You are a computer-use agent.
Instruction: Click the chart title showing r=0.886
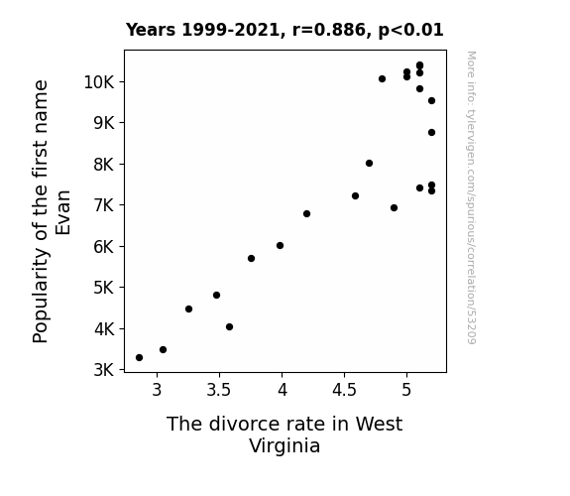[285, 30]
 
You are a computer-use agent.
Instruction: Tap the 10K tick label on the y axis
[99, 82]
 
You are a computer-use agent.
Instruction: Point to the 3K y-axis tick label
[104, 370]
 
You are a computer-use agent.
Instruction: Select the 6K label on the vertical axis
[104, 247]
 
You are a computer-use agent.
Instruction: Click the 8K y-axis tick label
[104, 165]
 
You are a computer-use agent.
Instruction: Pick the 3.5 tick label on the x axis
[219, 390]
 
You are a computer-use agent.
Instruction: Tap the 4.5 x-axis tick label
[344, 390]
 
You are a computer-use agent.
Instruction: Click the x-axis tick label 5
[406, 390]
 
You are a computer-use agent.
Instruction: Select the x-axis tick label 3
[157, 390]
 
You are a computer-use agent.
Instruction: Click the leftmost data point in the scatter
[139, 358]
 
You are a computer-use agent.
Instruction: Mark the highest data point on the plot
[419, 65]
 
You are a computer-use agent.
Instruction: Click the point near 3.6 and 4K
[229, 326]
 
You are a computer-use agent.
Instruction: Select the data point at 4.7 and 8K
[369, 163]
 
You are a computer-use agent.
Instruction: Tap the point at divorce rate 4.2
[306, 213]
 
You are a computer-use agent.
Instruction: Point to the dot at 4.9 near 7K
[394, 207]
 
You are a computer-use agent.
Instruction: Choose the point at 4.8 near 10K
[382, 79]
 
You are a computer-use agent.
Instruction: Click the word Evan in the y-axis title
[62, 212]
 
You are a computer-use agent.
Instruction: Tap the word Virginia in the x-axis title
[285, 446]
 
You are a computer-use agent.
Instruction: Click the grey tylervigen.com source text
[471, 197]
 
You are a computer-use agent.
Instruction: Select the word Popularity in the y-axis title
[41, 296]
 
